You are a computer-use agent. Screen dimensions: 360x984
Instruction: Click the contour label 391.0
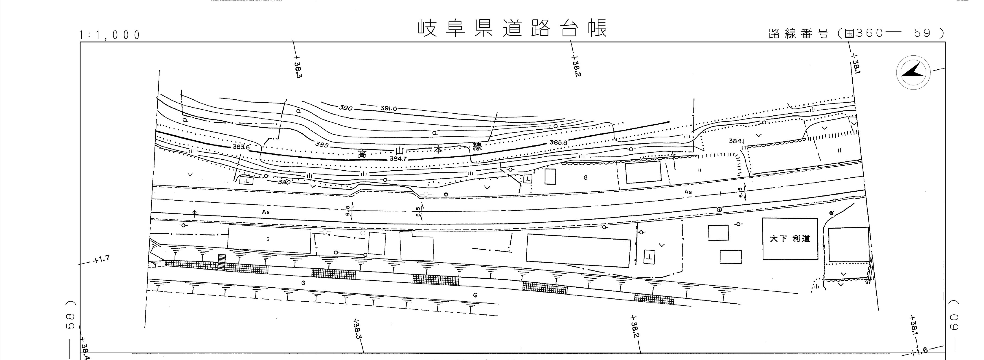(x=388, y=109)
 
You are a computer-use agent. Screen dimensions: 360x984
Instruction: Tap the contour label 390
(x=345, y=108)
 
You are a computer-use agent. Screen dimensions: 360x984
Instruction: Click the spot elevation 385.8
(x=558, y=142)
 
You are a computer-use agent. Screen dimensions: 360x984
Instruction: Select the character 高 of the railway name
(x=362, y=154)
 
